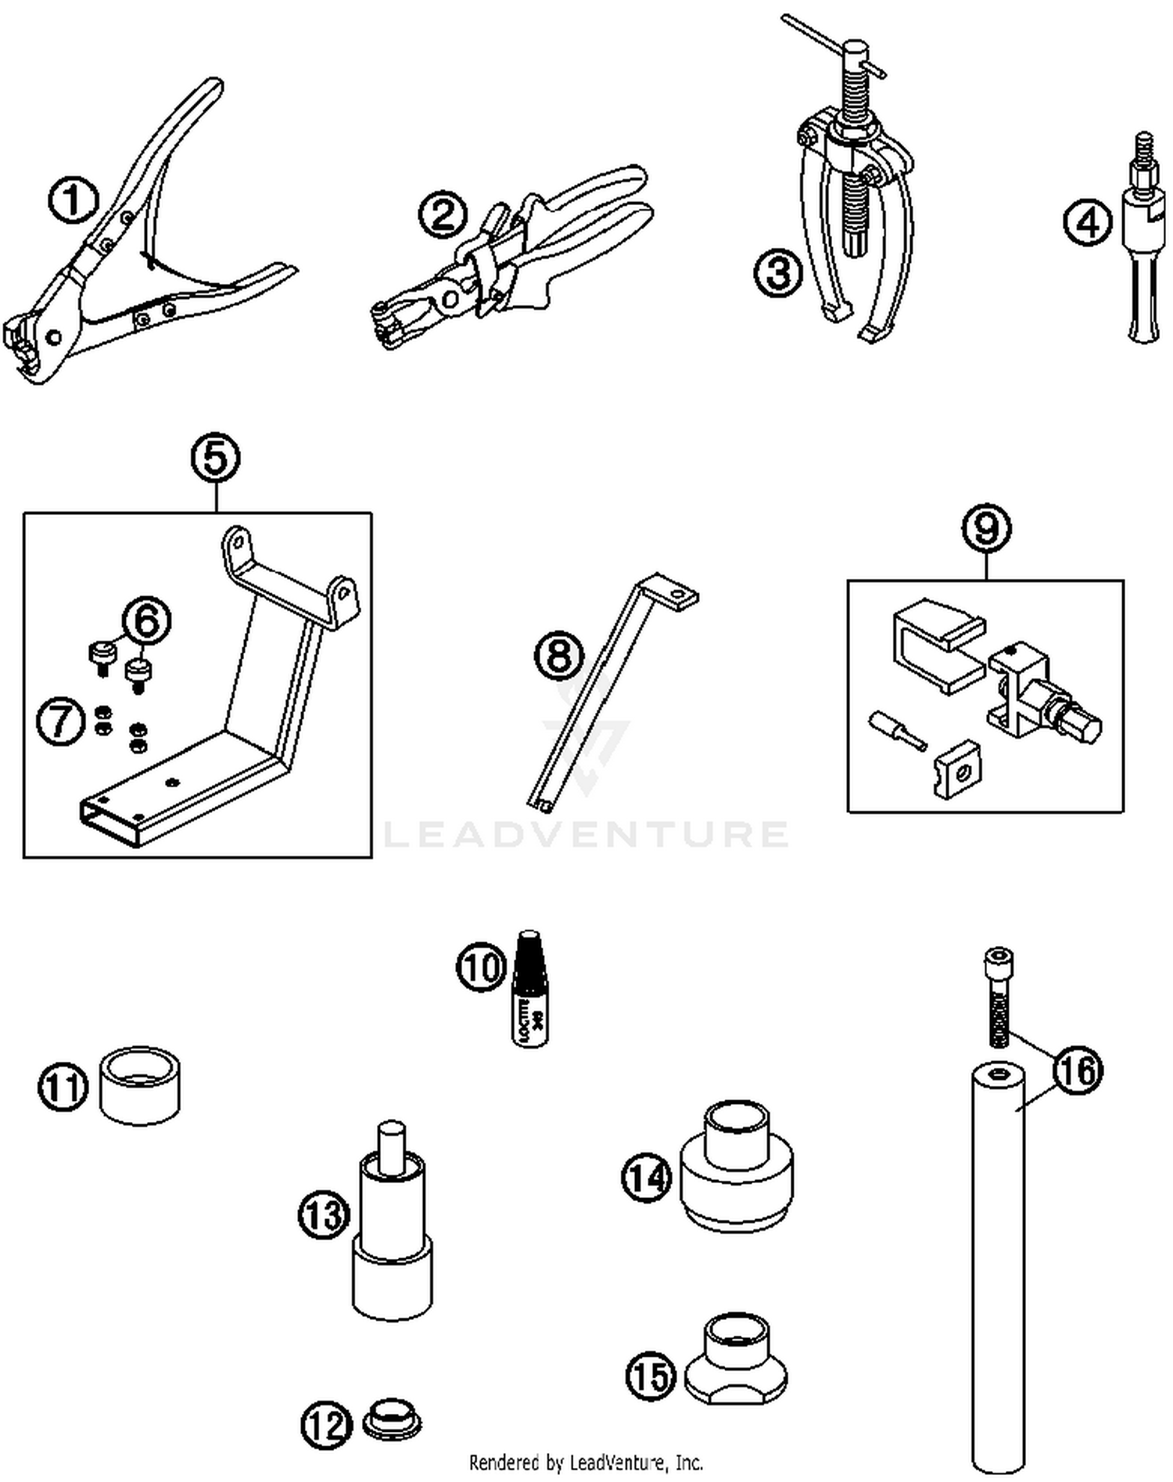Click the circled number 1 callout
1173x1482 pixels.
tap(73, 200)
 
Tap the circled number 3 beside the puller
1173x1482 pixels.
tap(778, 273)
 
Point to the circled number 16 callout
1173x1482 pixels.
tap(1078, 1070)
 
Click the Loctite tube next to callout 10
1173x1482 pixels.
tap(530, 990)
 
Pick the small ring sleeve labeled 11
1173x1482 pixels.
tap(140, 1085)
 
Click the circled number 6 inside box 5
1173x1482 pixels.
tap(147, 620)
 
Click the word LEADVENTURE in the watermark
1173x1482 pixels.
tap(586, 834)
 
